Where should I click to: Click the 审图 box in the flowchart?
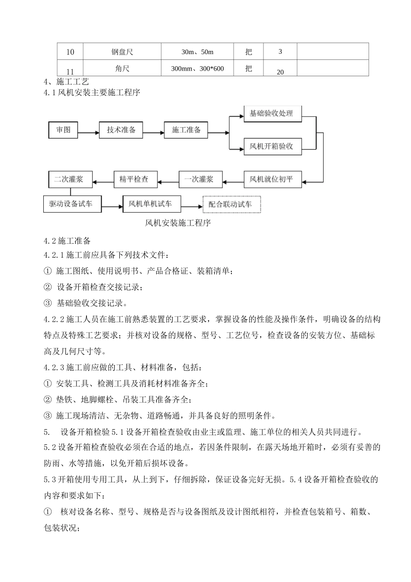(x=63, y=129)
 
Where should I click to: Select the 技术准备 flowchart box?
(x=121, y=129)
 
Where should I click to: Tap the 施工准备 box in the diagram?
(x=186, y=129)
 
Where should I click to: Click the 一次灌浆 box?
(x=200, y=179)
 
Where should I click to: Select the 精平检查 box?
(x=135, y=179)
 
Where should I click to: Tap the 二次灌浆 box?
(x=70, y=178)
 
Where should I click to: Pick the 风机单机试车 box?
(x=151, y=204)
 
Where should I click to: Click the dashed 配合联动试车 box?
(x=231, y=204)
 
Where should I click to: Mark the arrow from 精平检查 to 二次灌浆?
(x=103, y=179)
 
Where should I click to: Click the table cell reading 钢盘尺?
(x=122, y=52)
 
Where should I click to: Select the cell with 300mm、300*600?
(x=198, y=68)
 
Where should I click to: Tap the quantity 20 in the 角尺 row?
(x=280, y=72)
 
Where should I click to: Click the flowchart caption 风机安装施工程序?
(x=177, y=223)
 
